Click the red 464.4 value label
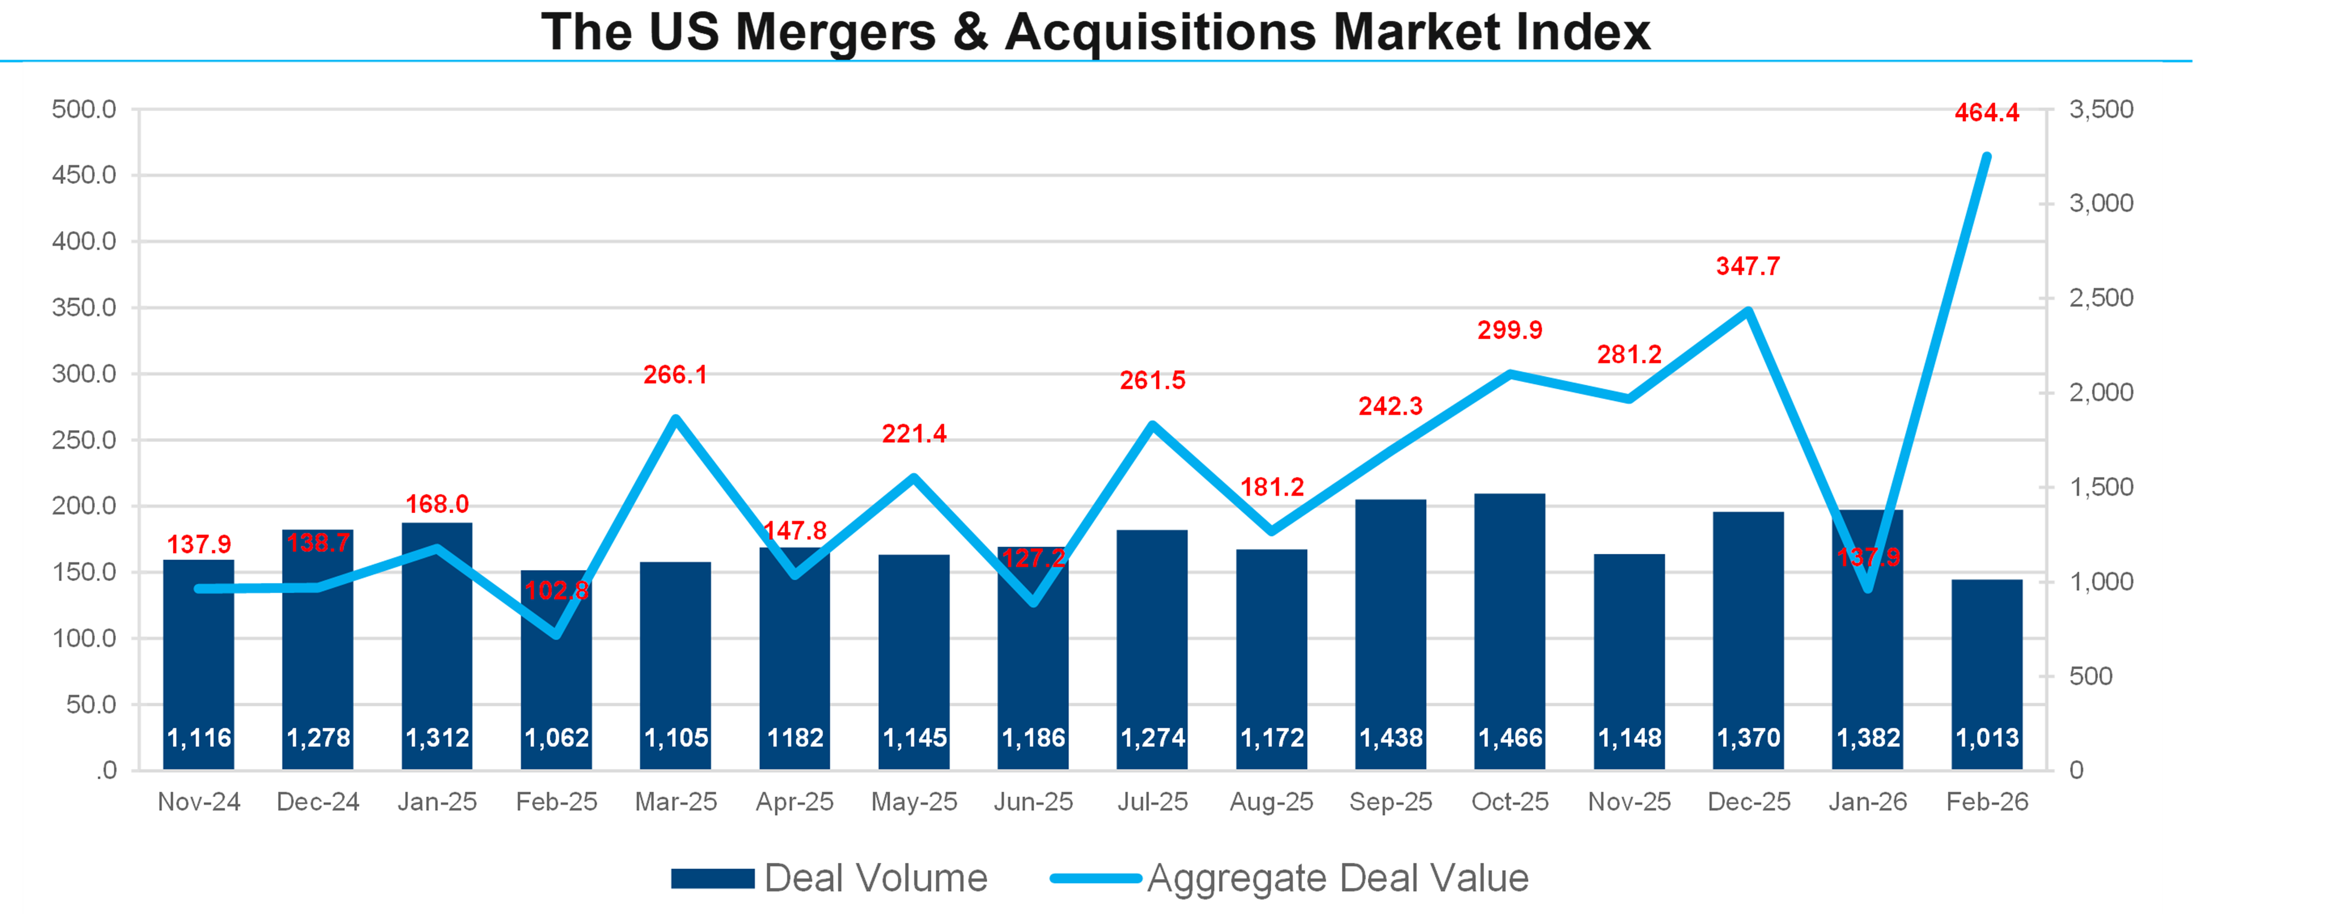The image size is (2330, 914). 1986,113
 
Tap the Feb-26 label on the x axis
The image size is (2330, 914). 1987,802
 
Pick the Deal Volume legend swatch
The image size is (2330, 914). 713,879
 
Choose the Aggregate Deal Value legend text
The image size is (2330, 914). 1338,879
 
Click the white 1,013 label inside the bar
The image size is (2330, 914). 1987,738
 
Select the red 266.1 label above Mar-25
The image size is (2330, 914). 676,374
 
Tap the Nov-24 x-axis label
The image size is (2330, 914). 199,802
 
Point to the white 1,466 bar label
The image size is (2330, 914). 1510,738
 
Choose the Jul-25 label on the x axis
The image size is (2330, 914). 1152,802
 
